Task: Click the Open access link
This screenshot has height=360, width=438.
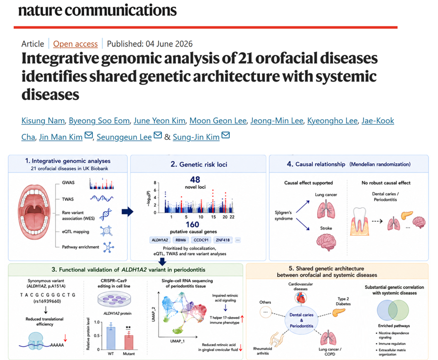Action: (75, 44)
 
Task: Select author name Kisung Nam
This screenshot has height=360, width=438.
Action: (43, 121)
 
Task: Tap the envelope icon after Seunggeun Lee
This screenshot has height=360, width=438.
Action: (158, 135)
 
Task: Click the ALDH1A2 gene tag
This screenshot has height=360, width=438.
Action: (160, 240)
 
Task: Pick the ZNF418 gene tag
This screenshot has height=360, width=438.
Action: (223, 240)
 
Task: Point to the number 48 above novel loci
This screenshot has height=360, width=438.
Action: (195, 180)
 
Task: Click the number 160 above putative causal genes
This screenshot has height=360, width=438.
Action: (193, 225)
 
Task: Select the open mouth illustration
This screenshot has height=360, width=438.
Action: (34, 212)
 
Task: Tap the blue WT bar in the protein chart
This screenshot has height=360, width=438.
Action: (111, 338)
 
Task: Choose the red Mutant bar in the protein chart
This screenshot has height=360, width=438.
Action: (129, 342)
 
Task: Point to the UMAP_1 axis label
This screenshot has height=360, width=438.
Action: (177, 341)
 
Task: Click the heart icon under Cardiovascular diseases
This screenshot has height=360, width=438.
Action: (301, 298)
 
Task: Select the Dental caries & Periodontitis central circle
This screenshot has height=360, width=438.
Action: (301, 320)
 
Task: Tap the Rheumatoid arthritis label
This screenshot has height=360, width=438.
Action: (263, 351)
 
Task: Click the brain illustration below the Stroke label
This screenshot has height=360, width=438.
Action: (326, 242)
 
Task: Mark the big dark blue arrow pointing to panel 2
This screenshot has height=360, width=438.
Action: (127, 212)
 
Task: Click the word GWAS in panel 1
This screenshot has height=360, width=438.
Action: (68, 182)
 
